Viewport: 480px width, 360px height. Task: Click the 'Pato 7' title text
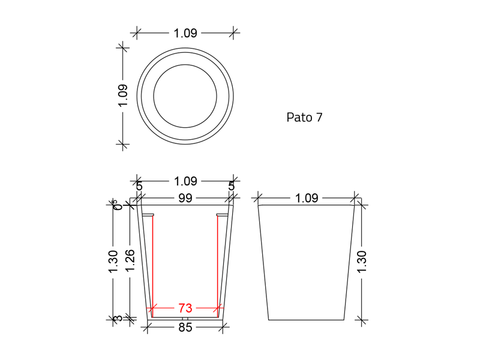304,118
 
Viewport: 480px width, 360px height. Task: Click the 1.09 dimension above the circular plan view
185,34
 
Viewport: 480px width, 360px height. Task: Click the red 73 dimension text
185,308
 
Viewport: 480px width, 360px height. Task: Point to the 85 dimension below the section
185,328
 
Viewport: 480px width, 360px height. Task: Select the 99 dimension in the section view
185,198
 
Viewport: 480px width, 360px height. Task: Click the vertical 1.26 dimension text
130,260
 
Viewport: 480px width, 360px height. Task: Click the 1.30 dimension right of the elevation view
362,262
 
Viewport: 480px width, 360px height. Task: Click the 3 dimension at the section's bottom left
119,319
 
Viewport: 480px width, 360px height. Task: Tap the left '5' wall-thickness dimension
139,186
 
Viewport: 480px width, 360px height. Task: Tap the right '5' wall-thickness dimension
231,186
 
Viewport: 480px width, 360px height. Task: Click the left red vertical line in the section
152,264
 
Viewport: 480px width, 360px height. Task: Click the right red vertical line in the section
217,264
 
